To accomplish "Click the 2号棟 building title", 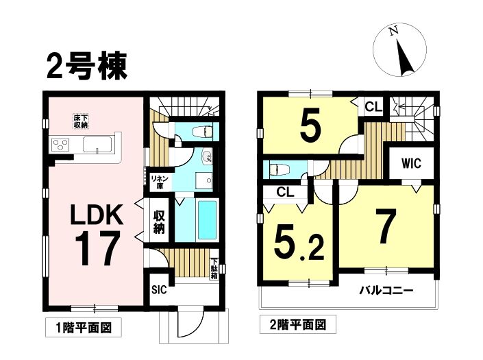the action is pos(86,66).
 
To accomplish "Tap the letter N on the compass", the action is pos(393,31).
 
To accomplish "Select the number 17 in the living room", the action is pos(97,248).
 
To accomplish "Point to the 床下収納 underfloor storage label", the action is pos(81,121).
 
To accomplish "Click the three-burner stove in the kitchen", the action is pos(61,144).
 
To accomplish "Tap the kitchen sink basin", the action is pos(98,145).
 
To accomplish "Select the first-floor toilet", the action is pos(203,132).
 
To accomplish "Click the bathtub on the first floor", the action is pos(207,219).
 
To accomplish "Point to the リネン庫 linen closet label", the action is pos(160,182).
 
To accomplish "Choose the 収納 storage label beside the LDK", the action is pos(159,222).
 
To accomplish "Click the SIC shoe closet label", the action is pos(159,290).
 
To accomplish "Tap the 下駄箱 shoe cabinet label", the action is pos(214,268).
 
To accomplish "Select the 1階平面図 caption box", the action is pos(84,327).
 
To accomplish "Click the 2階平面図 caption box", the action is pos(297,324).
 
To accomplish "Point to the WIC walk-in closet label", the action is pos(411,163).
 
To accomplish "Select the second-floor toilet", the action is pos(279,169).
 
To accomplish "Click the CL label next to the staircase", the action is pos(373,107).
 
